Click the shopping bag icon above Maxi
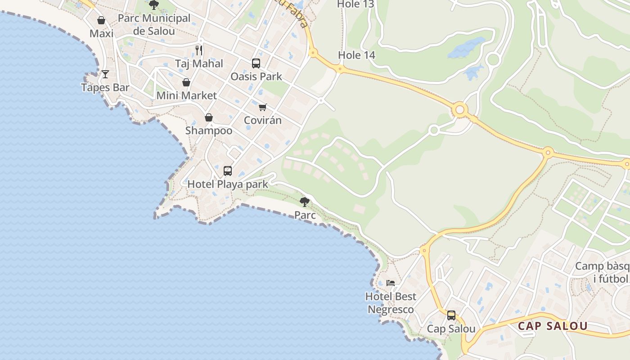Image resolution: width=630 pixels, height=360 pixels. pos(101,20)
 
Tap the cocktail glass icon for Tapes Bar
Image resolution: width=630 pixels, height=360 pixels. pos(105,74)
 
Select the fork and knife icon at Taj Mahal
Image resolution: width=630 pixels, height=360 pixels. pos(199,50)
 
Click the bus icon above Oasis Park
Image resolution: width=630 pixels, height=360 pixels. pos(256,63)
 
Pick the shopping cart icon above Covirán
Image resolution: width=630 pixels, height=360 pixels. pos(263,107)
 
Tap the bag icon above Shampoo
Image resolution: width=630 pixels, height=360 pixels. pos(209,117)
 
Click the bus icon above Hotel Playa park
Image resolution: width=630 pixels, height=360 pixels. pos(228,171)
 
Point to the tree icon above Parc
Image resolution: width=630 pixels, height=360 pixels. pos(305,202)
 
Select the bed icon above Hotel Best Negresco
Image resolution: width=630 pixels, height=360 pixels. pos(391,283)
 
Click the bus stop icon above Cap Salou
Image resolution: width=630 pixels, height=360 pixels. pos(451,315)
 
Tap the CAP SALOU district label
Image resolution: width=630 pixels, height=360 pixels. pos(553,326)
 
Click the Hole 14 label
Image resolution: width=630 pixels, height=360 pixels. pos(356,55)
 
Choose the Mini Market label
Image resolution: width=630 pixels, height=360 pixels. pos(187,95)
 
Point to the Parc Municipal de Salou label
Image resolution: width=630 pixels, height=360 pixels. pos(154,25)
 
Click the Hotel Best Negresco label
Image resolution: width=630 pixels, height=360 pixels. pos(391,303)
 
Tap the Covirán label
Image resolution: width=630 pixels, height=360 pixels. pos(263,120)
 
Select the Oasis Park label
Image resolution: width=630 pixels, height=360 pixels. pos(256,76)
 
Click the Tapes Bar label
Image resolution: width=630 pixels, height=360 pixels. pos(105,87)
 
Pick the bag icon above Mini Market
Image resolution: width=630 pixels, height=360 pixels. pos(186,82)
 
